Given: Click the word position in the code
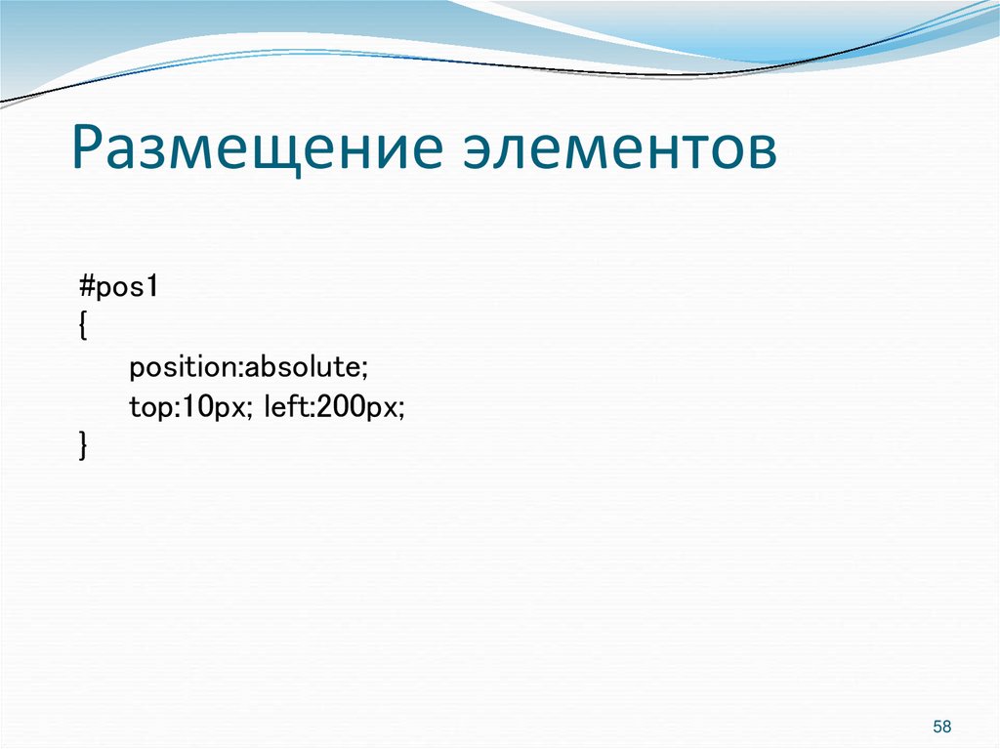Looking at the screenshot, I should (183, 368).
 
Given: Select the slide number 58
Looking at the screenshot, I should (941, 727).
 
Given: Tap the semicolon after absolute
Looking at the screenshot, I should (363, 369).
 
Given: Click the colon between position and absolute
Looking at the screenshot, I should (239, 369).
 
